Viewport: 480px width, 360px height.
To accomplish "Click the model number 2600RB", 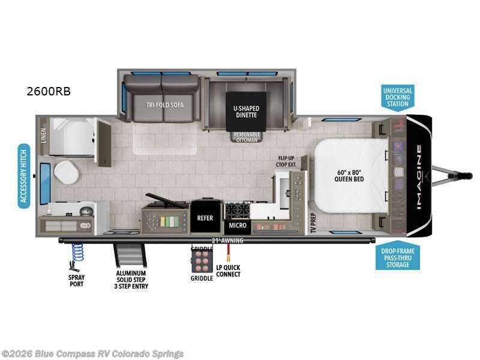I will [x=49, y=92].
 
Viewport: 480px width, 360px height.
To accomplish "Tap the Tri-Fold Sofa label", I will [x=164, y=104].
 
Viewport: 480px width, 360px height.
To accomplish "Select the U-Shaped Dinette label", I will [x=247, y=112].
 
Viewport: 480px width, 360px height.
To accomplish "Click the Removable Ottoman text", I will [x=247, y=137].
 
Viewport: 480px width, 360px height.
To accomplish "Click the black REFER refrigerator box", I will [x=206, y=218].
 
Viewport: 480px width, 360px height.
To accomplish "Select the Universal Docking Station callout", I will [x=398, y=97].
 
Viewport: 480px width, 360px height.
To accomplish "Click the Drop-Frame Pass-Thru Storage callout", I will [x=398, y=257].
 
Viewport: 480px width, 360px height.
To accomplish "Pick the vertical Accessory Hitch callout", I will [x=24, y=175].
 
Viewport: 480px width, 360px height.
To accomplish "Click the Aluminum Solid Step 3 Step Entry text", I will [x=132, y=280].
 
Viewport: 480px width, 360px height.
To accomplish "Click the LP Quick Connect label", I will [x=229, y=271].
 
